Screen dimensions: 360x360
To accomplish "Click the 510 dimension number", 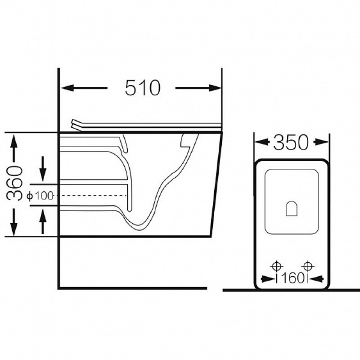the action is click(142, 88).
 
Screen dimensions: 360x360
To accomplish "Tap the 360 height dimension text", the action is click(15, 183).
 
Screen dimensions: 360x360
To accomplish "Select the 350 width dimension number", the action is click(291, 143).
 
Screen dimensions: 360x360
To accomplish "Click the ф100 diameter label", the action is click(40, 196).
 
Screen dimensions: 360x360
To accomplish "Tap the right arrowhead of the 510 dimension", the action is click(215, 88).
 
